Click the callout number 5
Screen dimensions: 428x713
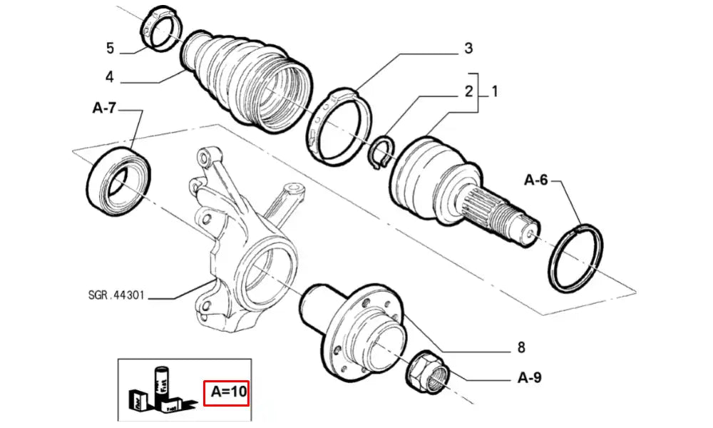tap(110, 49)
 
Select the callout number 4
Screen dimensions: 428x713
tap(110, 77)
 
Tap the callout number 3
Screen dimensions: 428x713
tap(468, 49)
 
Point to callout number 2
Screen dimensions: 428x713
tap(468, 91)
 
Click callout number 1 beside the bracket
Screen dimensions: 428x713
tap(493, 91)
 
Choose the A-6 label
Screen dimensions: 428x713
tap(536, 180)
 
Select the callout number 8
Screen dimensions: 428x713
tap(521, 348)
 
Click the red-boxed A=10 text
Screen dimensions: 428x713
tap(226, 392)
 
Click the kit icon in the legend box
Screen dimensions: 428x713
tap(161, 392)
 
